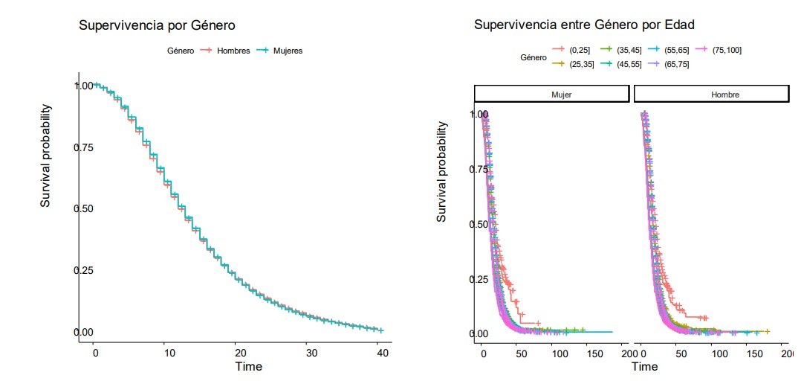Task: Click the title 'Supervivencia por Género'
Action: point(157,25)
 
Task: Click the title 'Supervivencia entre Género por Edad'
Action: point(584,25)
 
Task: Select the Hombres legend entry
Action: point(229,51)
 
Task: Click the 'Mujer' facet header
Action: point(551,95)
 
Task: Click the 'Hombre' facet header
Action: point(710,95)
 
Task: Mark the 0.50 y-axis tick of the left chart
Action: point(83,208)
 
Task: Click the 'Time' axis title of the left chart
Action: point(248,366)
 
